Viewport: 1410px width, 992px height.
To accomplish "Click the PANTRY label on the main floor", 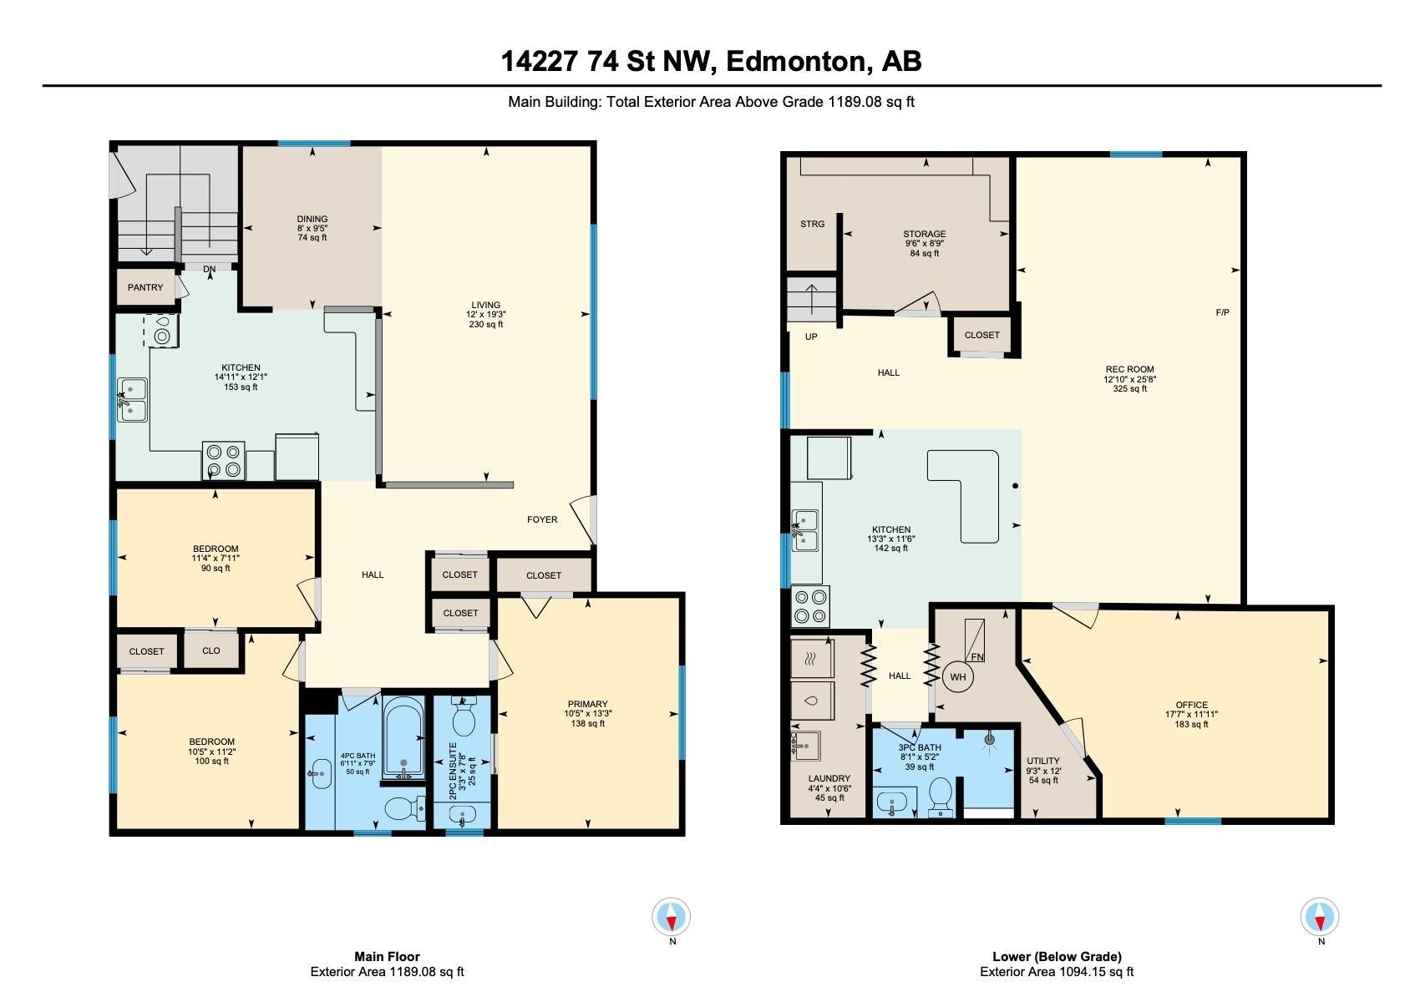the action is click(145, 287).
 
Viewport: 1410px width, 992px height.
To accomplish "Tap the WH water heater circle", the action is click(957, 677).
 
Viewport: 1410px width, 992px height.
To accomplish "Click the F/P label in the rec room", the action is click(1222, 312).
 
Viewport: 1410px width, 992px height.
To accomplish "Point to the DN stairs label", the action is click(209, 269).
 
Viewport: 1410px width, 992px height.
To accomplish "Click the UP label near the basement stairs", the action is click(811, 337).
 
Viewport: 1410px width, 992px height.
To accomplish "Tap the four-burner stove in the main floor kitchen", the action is click(224, 461).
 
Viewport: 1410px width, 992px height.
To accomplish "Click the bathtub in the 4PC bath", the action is click(403, 737).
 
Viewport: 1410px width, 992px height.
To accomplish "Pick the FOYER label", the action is click(542, 519).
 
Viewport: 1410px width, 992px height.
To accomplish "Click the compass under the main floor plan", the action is click(671, 917).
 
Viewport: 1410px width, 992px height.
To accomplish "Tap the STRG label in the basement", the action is click(812, 224).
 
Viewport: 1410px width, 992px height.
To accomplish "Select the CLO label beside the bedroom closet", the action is click(210, 650).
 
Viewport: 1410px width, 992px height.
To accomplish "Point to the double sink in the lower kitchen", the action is click(805, 530).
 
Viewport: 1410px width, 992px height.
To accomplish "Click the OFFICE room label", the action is click(1192, 705).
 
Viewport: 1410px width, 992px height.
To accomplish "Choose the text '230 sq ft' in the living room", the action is click(486, 324).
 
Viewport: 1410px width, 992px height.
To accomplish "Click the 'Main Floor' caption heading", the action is click(387, 956).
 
